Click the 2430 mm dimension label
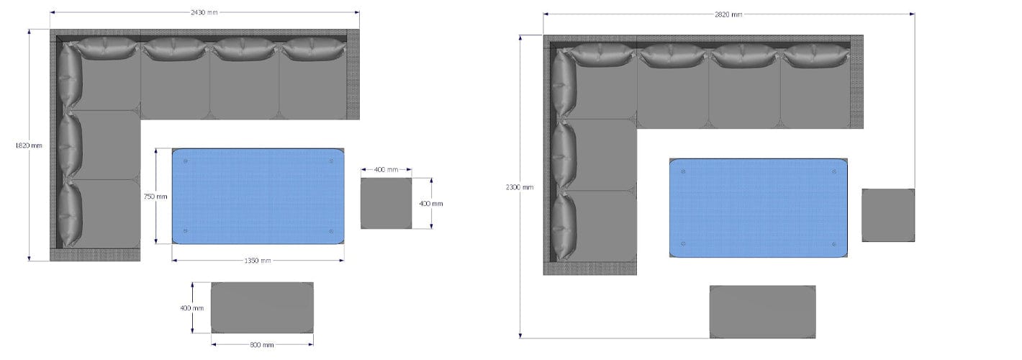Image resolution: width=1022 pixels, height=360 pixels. point(204,12)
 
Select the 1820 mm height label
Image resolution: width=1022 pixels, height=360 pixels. point(28,145)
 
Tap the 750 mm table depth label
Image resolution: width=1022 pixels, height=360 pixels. point(155,197)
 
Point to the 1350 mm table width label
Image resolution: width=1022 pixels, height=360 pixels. point(258,261)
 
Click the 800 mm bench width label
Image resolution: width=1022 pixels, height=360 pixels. point(262,345)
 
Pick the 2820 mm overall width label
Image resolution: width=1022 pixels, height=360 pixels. point(728,14)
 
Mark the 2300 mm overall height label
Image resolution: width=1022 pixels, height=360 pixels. point(519,187)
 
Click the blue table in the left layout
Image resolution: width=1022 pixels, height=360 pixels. point(258,196)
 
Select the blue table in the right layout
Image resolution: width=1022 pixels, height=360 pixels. point(759,208)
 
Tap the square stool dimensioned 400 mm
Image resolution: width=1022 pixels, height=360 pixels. point(386,204)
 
